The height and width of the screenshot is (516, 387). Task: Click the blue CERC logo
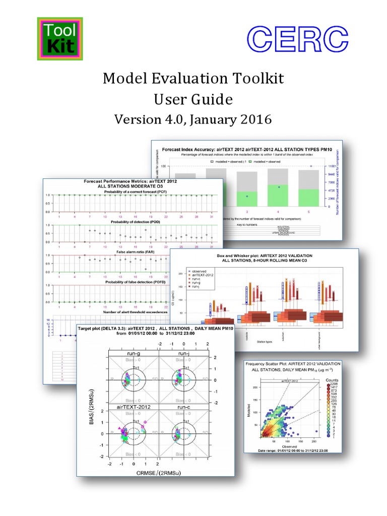tap(298, 39)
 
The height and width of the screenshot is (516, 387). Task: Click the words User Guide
tap(193, 99)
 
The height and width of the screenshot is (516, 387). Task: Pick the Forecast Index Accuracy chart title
tap(246, 150)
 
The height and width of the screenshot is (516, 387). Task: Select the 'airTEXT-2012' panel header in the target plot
tap(134, 406)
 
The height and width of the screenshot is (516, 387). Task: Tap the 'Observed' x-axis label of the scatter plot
tap(288, 445)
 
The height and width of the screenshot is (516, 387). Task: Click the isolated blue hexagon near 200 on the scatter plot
tap(315, 431)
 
